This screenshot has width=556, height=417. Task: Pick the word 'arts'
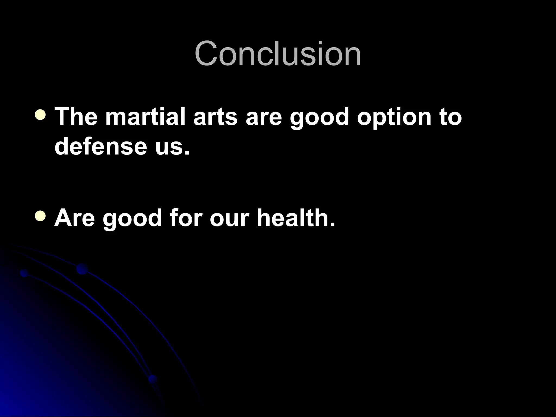(215, 117)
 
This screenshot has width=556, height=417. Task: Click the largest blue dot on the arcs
(82, 269)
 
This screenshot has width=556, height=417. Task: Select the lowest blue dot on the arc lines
(153, 379)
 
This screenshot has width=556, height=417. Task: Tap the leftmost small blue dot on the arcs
(24, 273)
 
